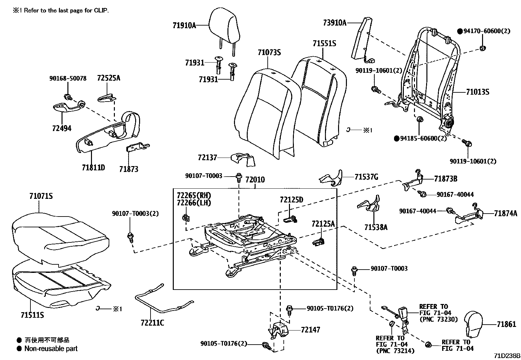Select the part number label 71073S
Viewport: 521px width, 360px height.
point(269,53)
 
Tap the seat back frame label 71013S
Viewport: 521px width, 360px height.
point(477,92)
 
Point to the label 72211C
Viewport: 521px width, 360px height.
point(152,323)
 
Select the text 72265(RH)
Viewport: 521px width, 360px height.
point(194,196)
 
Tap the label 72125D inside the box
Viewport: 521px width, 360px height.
point(291,200)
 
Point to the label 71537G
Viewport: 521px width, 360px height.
point(366,177)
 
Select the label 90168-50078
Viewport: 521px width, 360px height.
point(68,79)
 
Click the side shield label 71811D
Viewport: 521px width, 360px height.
point(93,168)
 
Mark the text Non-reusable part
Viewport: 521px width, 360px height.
point(51,349)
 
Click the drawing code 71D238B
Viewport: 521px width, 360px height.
point(507,356)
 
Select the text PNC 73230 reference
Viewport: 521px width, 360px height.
point(438,319)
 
